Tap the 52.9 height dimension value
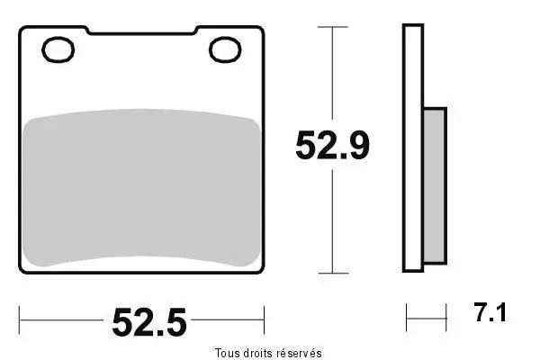pyautogui.click(x=332, y=145)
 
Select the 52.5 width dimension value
pyautogui.click(x=149, y=322)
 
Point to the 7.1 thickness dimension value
pyautogui.click(x=490, y=312)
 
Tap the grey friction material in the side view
pyautogui.click(x=435, y=186)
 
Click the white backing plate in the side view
pyautogui.click(x=413, y=148)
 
